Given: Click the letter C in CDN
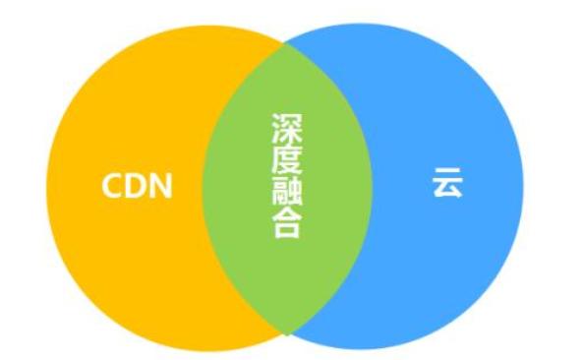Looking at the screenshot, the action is pos(113,185).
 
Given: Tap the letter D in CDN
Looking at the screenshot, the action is pos(136,185).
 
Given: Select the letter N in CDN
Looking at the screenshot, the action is pos(160,185).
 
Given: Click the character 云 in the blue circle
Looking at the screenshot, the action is pos(446,183).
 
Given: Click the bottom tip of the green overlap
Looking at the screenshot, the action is pos(286,334).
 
